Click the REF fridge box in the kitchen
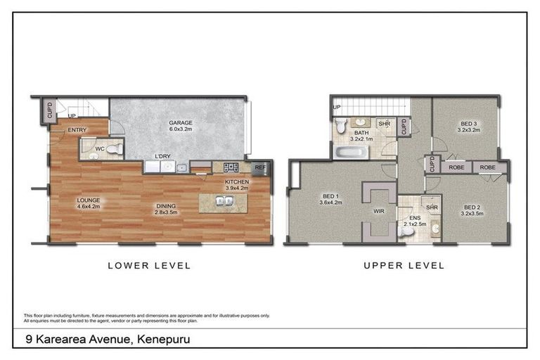[259, 167]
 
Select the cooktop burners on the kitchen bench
[231, 167]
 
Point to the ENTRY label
[77, 130]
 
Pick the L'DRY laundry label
[163, 156]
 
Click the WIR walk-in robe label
[378, 210]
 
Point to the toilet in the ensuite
[406, 230]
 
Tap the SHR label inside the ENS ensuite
[432, 207]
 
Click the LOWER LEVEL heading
[148, 266]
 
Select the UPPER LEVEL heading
[404, 266]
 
